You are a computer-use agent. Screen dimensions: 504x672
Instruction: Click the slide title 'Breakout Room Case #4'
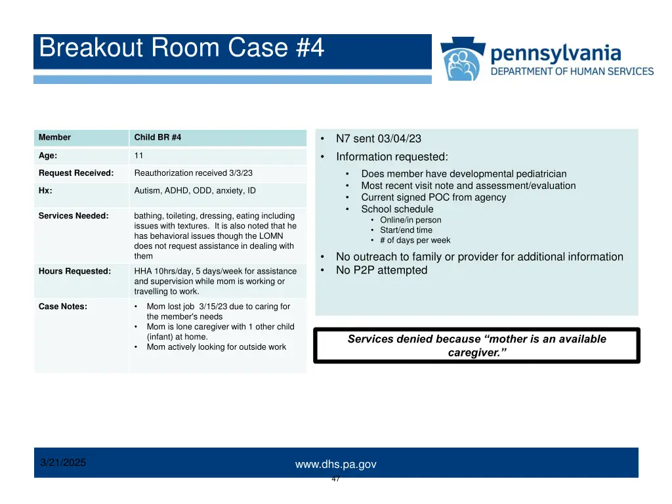(x=181, y=49)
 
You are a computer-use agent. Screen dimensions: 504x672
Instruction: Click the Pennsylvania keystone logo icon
(x=462, y=60)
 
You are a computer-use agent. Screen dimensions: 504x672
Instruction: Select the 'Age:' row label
(x=48, y=156)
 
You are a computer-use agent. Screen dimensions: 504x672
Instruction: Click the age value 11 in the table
(x=138, y=156)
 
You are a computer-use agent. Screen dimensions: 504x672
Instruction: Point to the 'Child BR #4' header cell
(x=157, y=138)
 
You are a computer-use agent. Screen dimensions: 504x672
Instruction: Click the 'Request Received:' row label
(x=75, y=173)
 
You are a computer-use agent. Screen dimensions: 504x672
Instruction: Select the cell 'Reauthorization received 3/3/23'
(x=193, y=173)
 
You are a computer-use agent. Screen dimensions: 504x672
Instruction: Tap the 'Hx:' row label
(x=45, y=191)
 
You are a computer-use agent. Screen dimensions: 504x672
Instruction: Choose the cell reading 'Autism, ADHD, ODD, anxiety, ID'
(x=195, y=191)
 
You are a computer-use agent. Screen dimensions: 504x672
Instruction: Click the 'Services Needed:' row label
(x=73, y=216)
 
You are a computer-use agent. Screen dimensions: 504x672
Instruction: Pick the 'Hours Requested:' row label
(x=74, y=271)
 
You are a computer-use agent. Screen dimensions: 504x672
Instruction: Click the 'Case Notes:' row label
(x=63, y=306)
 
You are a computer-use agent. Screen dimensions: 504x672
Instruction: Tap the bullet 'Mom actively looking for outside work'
(x=216, y=347)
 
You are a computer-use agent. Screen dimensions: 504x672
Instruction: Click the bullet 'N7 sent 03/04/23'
(x=378, y=138)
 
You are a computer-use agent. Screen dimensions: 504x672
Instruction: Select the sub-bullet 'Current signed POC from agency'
(x=433, y=198)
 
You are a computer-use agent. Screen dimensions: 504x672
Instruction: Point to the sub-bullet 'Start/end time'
(x=406, y=230)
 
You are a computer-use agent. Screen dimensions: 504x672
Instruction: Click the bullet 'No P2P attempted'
(x=381, y=270)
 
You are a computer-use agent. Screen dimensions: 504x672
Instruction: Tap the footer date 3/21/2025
(x=63, y=463)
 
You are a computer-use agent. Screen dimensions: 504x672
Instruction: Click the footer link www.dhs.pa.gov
(x=335, y=465)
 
